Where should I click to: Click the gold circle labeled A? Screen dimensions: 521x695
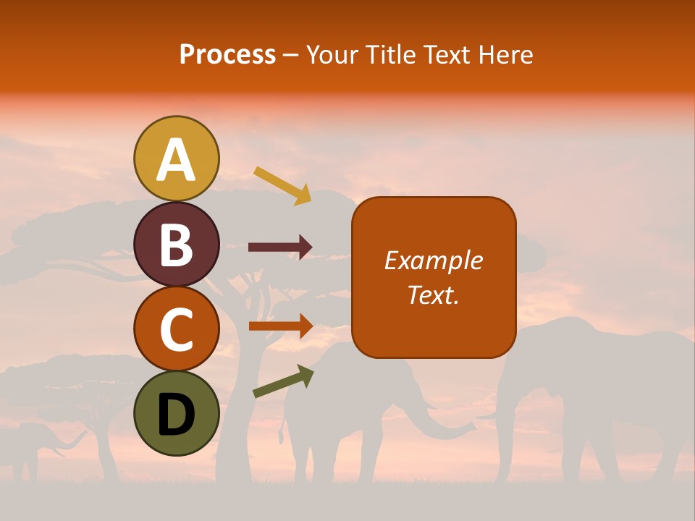177,158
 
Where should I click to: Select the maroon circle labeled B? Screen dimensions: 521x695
177,245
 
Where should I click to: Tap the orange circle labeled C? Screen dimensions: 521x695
177,329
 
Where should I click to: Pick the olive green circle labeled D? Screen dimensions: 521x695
177,414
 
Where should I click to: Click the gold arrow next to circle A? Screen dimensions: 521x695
282,185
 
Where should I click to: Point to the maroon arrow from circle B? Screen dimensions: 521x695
280,247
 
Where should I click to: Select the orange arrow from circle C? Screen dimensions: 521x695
280,326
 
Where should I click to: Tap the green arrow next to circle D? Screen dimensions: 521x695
283,381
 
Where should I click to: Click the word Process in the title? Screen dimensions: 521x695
227,55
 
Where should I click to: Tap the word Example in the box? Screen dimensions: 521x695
433,260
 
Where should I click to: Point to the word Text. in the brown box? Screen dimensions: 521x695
433,295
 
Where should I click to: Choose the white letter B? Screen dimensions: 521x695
177,245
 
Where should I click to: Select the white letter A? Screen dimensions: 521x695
177,160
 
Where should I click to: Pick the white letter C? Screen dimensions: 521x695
177,330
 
